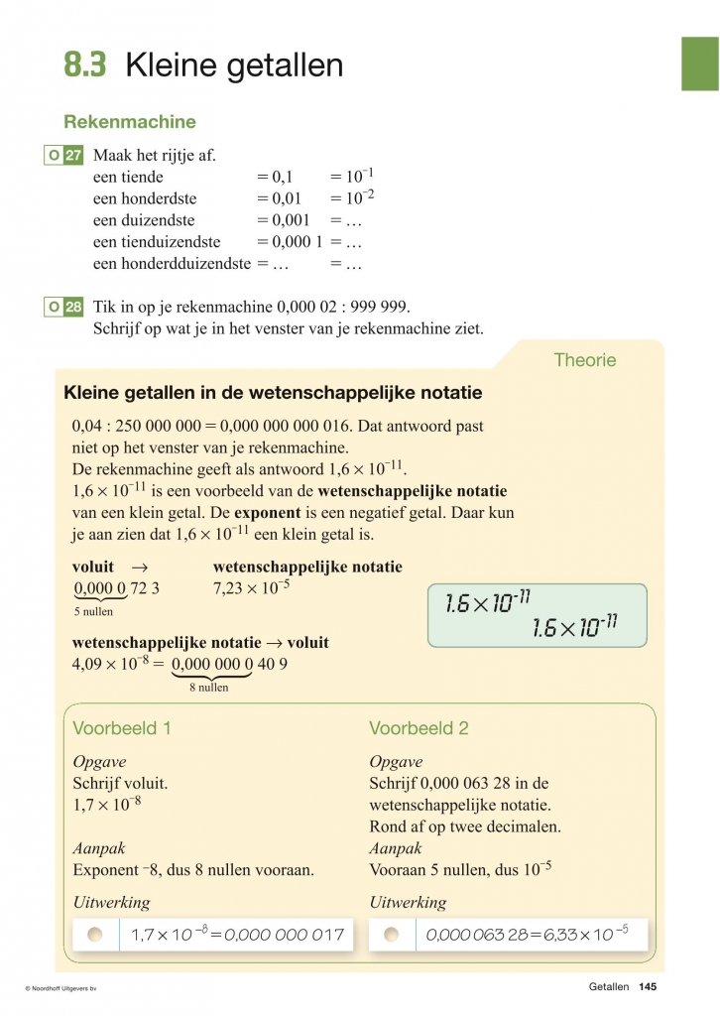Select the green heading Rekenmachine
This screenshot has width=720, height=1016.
tap(130, 122)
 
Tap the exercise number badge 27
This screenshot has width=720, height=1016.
tap(73, 156)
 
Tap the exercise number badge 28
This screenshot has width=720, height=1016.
tap(73, 308)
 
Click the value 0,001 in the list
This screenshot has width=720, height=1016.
tap(284, 220)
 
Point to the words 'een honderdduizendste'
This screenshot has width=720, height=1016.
tap(172, 264)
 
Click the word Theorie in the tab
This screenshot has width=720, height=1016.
tap(584, 360)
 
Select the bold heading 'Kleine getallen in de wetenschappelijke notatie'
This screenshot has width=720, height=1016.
tap(273, 393)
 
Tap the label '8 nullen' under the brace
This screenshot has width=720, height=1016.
tap(208, 687)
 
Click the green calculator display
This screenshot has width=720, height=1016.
tap(537, 615)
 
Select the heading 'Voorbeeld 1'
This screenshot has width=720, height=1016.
tap(122, 728)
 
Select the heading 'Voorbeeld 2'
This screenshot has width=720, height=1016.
tap(419, 728)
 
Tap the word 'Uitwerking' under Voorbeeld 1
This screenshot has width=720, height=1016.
tap(111, 902)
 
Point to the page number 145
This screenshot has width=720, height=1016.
tap(649, 987)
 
